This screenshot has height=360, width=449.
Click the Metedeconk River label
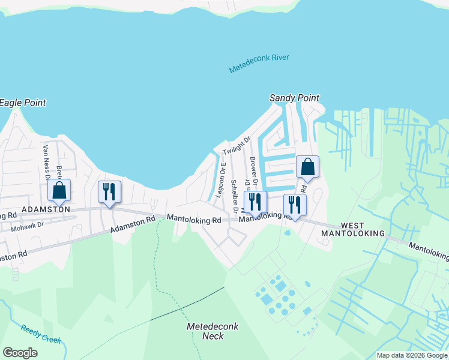coord(259,64)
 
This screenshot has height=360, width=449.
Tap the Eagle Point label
coord(22,103)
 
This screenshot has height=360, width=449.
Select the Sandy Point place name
coord(294,98)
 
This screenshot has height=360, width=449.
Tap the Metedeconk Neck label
coord(212,331)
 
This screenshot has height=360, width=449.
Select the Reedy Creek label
coord(41,334)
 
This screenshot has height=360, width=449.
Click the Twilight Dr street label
coord(236,145)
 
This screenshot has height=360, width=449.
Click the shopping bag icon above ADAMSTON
coord(59,191)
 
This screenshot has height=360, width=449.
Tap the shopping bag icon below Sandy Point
coord(307,167)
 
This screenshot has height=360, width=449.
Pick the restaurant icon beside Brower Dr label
coord(255,202)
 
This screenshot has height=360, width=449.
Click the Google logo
coord(20,353)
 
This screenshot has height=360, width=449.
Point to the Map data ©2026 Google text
coord(412,355)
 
